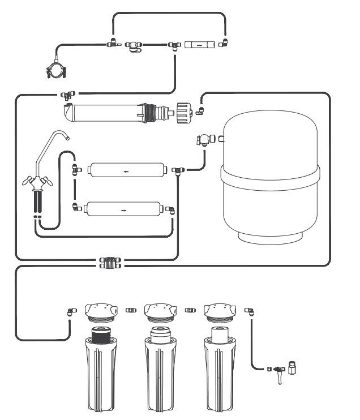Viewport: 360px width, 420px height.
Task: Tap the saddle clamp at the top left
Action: point(56,71)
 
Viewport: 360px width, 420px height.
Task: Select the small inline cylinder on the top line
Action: point(200,44)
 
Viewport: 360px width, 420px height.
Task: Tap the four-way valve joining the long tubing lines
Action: point(109,263)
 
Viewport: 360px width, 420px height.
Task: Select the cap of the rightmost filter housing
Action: point(219,311)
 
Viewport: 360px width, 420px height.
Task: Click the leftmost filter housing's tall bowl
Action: point(100,374)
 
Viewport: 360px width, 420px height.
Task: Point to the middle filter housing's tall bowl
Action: point(160,374)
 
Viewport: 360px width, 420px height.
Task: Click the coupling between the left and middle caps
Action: point(130,310)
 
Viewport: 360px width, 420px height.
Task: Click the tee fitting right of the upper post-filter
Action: point(178,169)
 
